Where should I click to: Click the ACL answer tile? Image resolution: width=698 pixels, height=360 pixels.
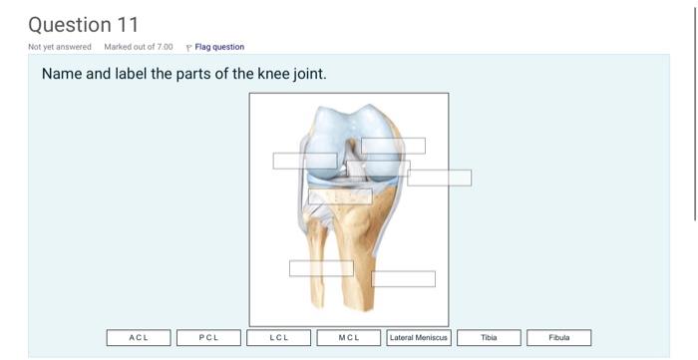pos(139,338)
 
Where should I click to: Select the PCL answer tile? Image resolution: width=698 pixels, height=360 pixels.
pos(208,338)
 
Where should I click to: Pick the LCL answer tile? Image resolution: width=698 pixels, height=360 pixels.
pos(279,338)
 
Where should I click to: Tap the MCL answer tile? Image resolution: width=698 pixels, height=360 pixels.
pos(349,338)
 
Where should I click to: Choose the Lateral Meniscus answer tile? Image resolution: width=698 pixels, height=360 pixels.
pos(419,338)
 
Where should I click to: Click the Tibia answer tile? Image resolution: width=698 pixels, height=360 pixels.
pos(489,338)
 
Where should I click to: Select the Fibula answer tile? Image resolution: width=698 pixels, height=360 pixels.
pos(558,338)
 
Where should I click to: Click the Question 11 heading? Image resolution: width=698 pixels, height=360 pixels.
pos(84,23)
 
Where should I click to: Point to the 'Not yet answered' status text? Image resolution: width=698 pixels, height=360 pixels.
pos(60,47)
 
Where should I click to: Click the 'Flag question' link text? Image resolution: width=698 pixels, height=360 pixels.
pos(219,47)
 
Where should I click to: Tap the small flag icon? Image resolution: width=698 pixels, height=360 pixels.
pos(189,47)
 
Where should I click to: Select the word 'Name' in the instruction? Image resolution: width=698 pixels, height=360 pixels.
pos(63,75)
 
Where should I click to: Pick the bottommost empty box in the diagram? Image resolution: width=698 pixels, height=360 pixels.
pos(403,279)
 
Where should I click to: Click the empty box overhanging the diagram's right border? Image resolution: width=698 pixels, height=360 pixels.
pos(439,178)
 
